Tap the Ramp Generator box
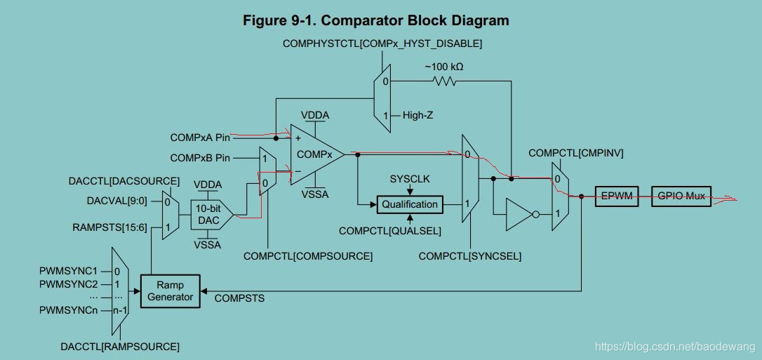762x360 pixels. point(170,291)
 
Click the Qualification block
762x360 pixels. point(410,205)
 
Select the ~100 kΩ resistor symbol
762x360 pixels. point(444,81)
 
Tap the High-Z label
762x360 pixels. point(417,115)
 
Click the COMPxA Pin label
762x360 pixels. point(200,138)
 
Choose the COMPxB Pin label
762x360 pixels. point(200,159)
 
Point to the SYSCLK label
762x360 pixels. point(410,179)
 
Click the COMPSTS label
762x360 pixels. point(239,298)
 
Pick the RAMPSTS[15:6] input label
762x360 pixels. point(109,227)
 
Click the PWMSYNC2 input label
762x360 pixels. point(68,284)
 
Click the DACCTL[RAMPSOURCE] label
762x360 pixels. point(120,347)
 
